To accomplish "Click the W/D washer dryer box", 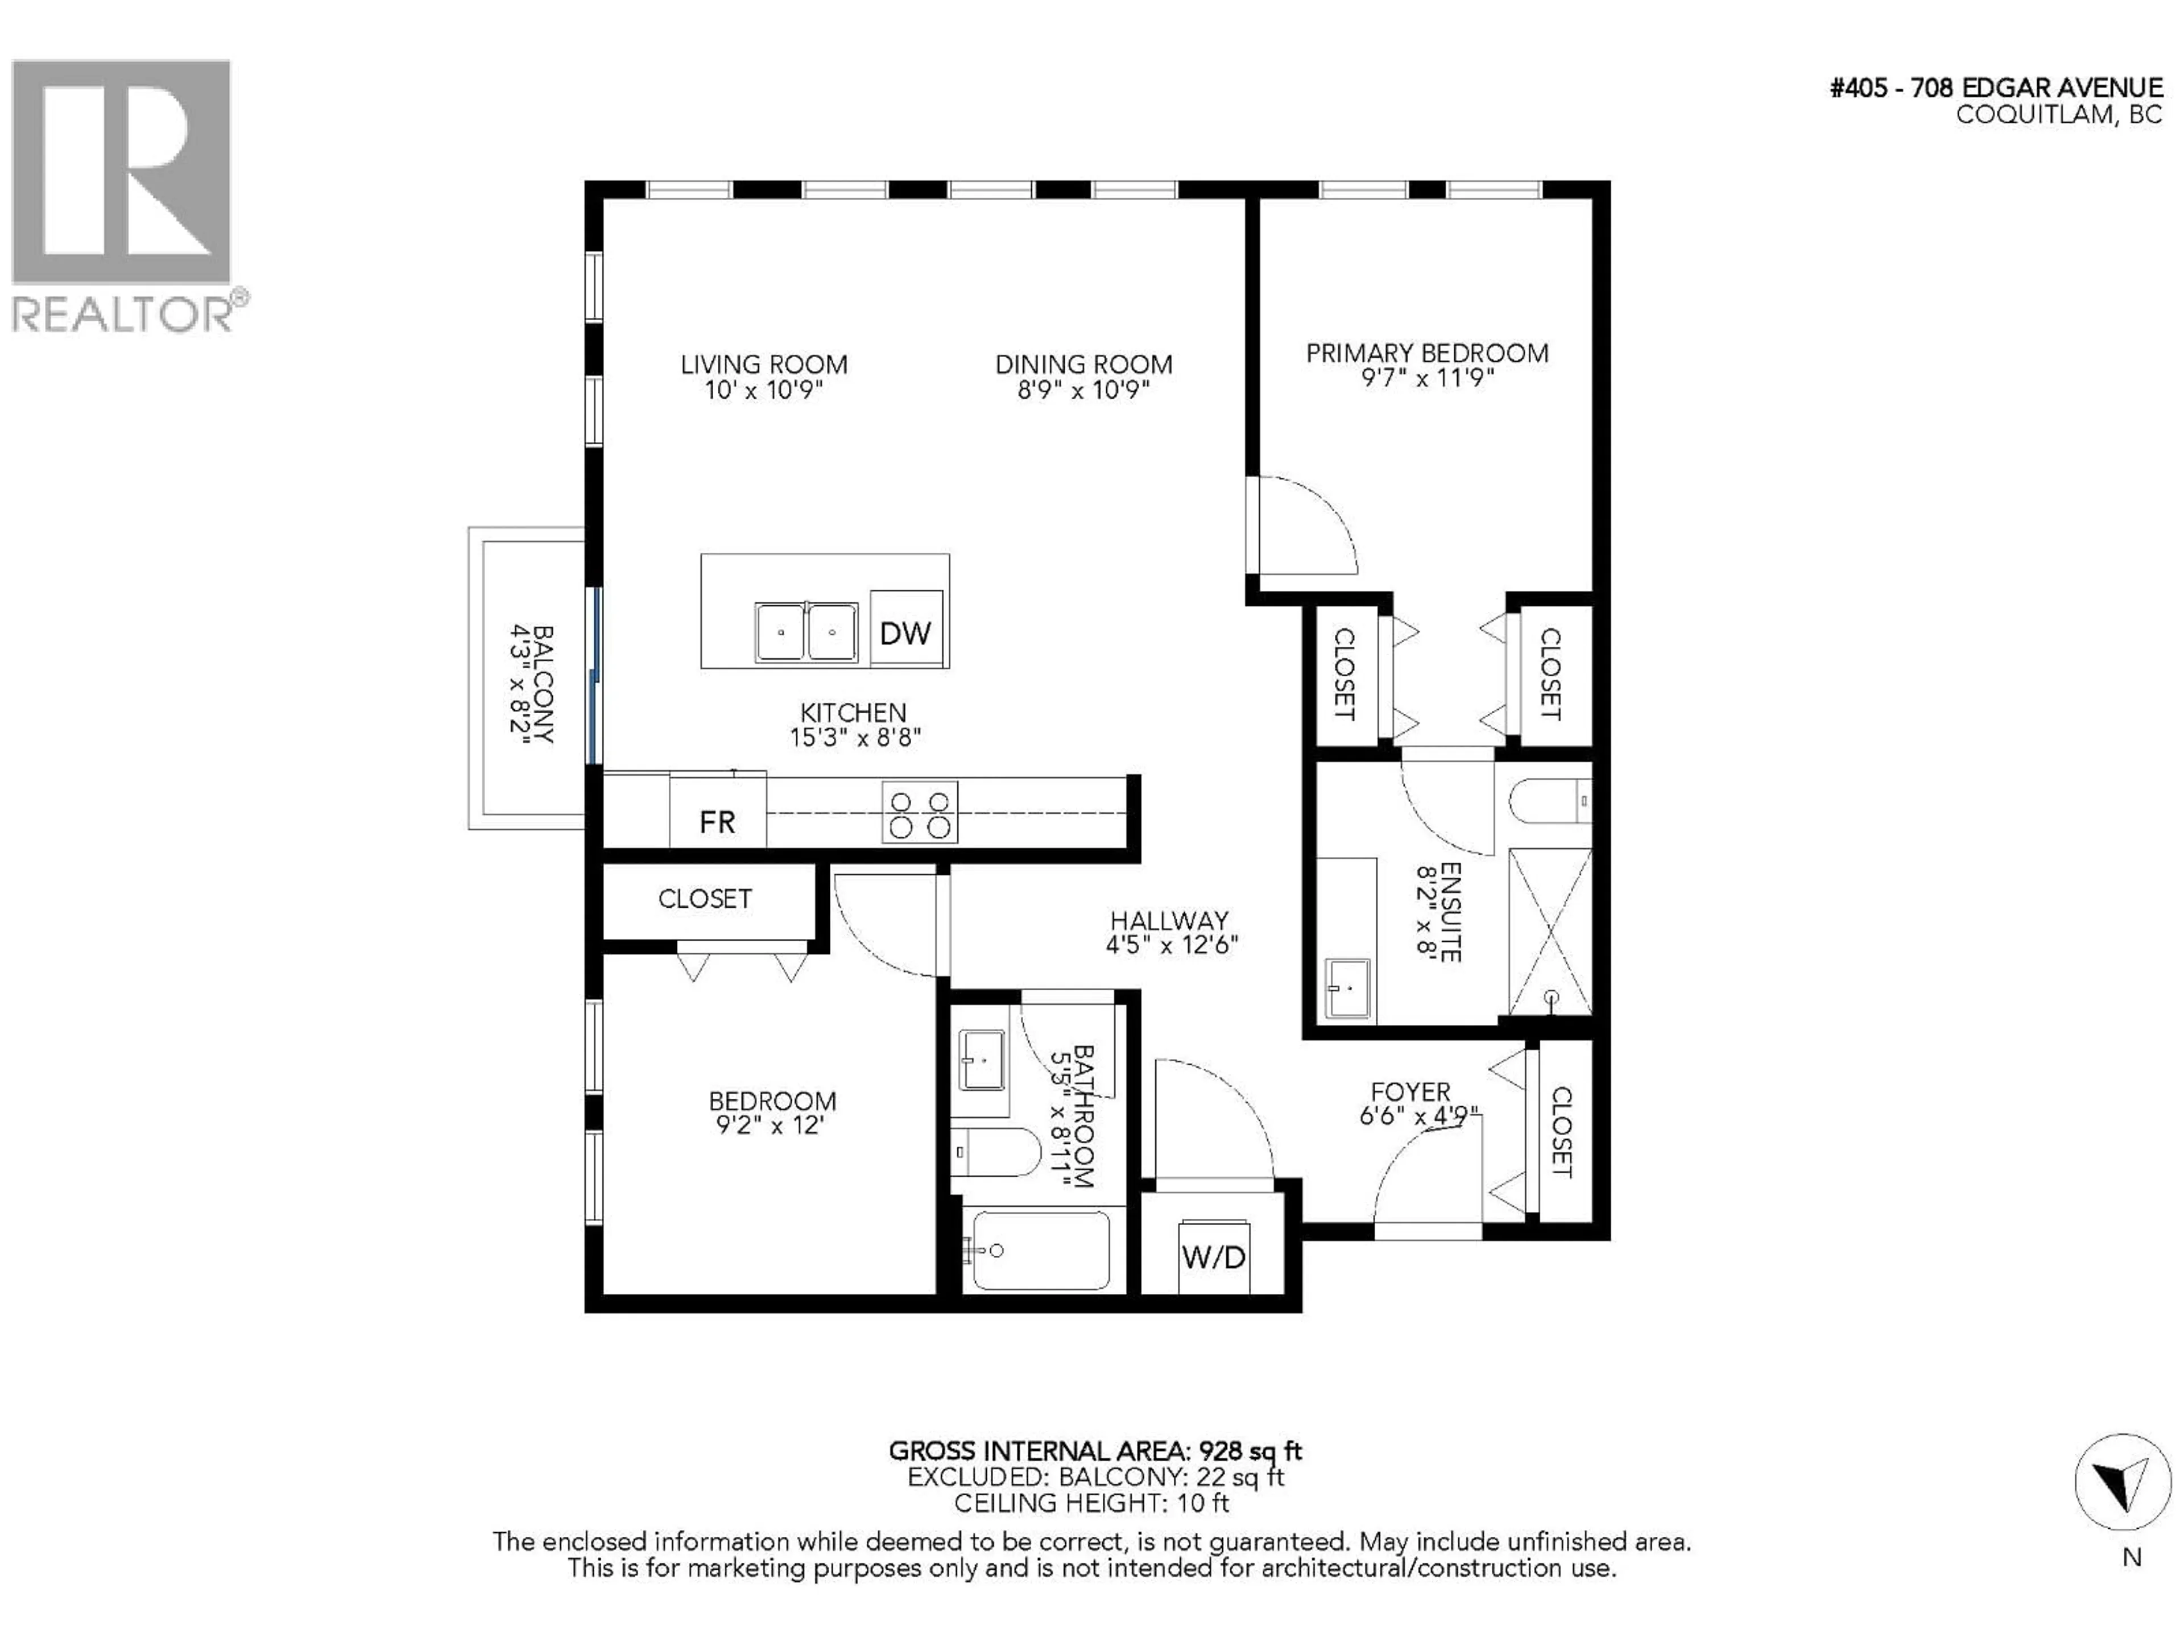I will point(1214,1257).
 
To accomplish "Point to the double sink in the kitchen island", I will point(806,632).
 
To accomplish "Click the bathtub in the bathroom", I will point(1041,1251).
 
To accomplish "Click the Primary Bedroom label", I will point(1426,353).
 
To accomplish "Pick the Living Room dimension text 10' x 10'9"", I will point(763,390).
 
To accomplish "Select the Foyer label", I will point(1410,1092).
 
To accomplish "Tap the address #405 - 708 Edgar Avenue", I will point(1995,88).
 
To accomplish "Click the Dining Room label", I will point(1083,365).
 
